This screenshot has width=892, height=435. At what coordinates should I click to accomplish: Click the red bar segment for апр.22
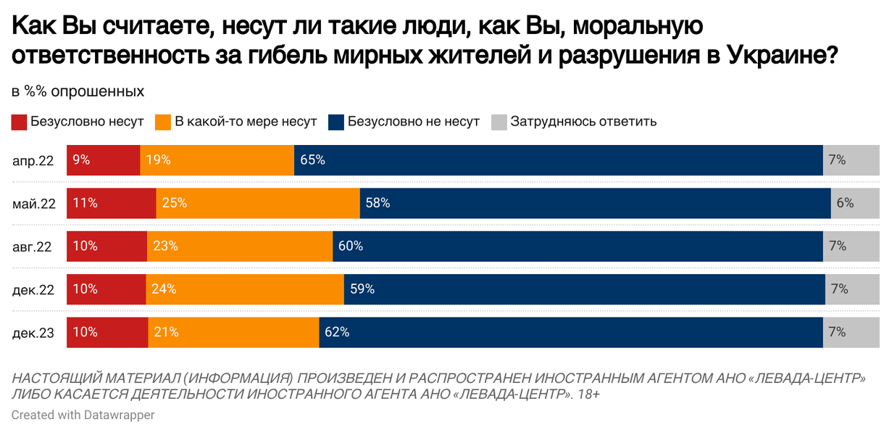pyautogui.click(x=104, y=160)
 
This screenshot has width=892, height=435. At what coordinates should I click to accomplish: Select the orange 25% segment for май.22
pyautogui.click(x=258, y=203)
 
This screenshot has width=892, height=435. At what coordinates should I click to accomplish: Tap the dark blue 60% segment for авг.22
pyautogui.click(x=578, y=246)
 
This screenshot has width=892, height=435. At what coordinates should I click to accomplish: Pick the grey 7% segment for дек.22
pyautogui.click(x=851, y=289)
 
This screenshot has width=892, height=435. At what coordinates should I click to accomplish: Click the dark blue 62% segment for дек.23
pyautogui.click(x=570, y=332)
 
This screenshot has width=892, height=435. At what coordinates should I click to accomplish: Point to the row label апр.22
pyautogui.click(x=33, y=161)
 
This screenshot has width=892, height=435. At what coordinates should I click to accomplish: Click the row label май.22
pyautogui.click(x=34, y=204)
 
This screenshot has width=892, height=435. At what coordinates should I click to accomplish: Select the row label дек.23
pyautogui.click(x=33, y=333)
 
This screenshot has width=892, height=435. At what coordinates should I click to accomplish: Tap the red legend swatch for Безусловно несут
pyautogui.click(x=20, y=122)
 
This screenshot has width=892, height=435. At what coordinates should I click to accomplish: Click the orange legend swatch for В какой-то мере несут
pyautogui.click(x=164, y=122)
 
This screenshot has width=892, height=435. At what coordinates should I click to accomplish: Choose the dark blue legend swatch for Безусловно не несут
pyautogui.click(x=336, y=122)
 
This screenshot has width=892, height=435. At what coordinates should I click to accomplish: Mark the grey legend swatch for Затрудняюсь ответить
pyautogui.click(x=499, y=122)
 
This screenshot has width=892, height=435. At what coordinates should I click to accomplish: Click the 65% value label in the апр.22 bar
pyautogui.click(x=312, y=160)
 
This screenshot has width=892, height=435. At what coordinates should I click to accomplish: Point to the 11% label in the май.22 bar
pyautogui.click(x=85, y=203)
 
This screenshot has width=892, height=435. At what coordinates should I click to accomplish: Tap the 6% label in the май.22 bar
pyautogui.click(x=845, y=203)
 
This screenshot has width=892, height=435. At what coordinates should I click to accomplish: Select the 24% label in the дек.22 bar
pyautogui.click(x=164, y=289)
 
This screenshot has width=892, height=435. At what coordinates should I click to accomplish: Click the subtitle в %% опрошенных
pyautogui.click(x=78, y=92)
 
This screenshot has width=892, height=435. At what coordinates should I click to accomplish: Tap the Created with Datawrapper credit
pyautogui.click(x=83, y=415)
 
